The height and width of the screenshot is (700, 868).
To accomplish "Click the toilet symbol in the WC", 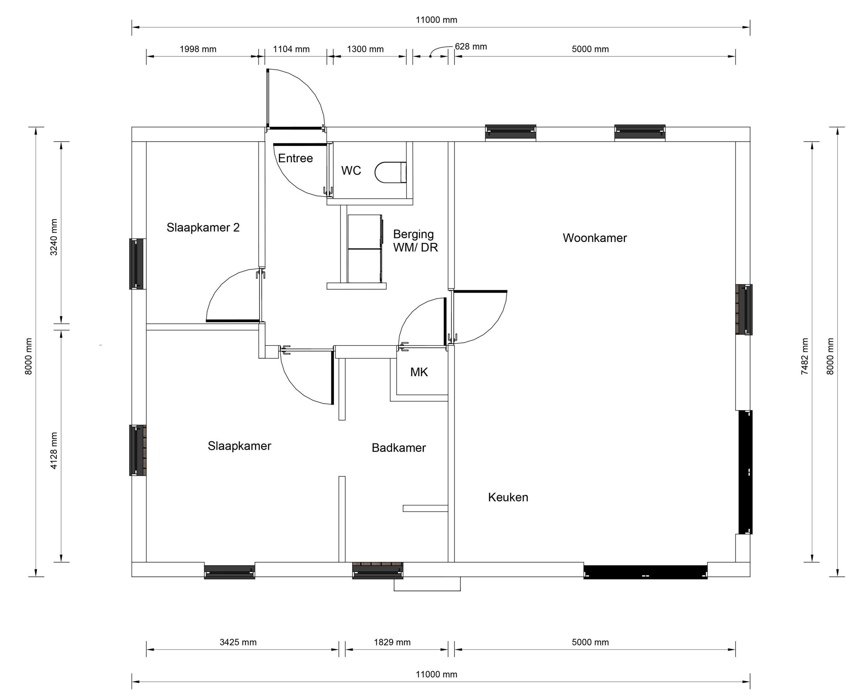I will (x=391, y=173).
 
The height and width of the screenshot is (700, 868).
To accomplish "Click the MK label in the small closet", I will (x=419, y=372).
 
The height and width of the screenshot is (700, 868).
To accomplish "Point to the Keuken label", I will (x=508, y=497).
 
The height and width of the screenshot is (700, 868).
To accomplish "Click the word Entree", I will (x=295, y=158).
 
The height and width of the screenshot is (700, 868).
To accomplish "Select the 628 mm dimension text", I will (x=471, y=46).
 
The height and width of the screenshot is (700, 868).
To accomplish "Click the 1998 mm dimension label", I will (x=198, y=49).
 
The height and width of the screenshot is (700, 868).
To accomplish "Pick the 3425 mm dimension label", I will (x=238, y=642).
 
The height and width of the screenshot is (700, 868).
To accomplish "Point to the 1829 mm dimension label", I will (x=392, y=642).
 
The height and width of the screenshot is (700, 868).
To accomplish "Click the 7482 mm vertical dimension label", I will (x=805, y=356).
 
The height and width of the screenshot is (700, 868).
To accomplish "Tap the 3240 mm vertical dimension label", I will (x=54, y=237).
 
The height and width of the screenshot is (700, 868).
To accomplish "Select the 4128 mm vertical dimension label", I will (x=54, y=451).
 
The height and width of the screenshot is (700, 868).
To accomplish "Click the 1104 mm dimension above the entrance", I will (x=291, y=49).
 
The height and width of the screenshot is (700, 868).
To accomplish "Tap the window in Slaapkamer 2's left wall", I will (x=137, y=264).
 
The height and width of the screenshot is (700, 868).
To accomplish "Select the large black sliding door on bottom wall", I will (x=645, y=572).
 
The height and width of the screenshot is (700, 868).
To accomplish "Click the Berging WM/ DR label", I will (x=415, y=241).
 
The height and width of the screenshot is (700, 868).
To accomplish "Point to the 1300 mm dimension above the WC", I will (x=365, y=49).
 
